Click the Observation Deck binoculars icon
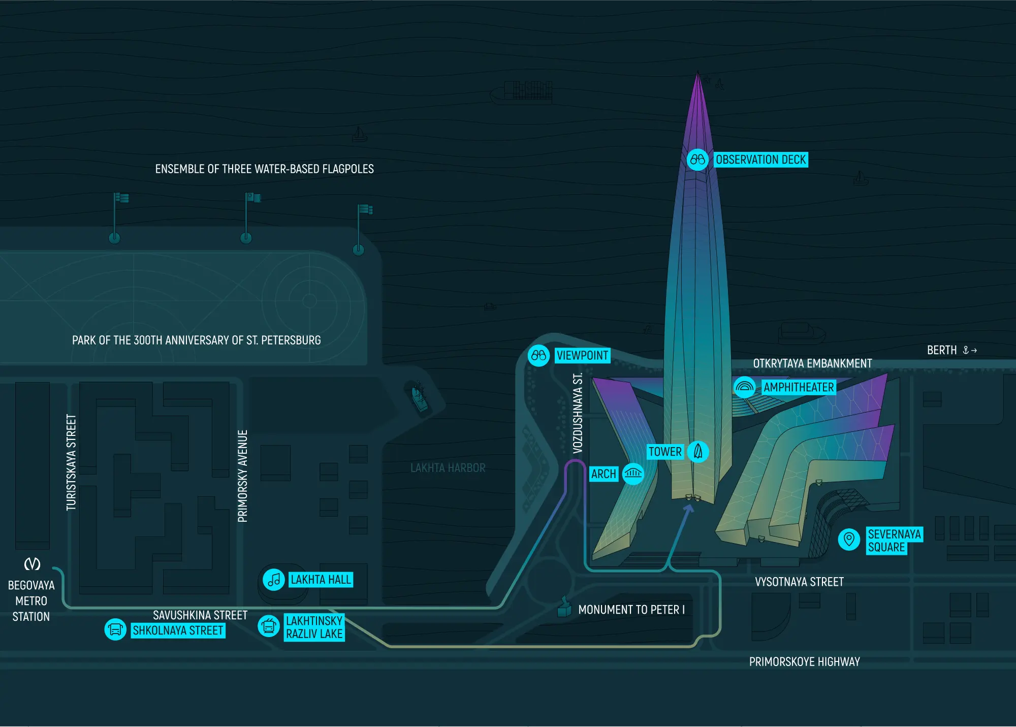click(697, 160)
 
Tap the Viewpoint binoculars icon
click(538, 356)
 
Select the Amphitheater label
click(799, 387)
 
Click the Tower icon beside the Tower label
click(698, 451)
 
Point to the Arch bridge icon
click(633, 474)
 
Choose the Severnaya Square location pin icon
click(848, 539)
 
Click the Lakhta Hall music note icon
click(274, 579)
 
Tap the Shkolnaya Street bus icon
click(115, 630)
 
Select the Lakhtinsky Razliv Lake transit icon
click(269, 626)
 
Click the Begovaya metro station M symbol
click(33, 564)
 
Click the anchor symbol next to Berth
click(966, 350)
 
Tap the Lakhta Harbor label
click(448, 468)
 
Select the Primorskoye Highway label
click(805, 661)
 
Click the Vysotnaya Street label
click(799, 582)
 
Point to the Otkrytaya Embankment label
click(812, 363)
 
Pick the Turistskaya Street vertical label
click(71, 462)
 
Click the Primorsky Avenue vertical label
click(243, 476)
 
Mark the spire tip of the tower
click(697, 72)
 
